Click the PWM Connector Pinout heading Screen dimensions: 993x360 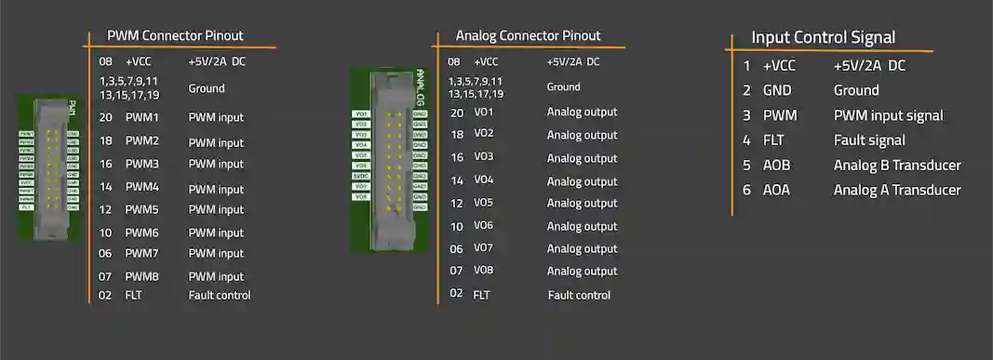[175, 35]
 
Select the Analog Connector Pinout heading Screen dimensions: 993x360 [528, 35]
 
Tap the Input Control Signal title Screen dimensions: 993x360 [823, 37]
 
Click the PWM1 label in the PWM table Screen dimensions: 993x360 [142, 117]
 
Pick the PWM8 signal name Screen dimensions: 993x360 [142, 276]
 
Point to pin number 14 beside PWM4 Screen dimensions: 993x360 [105, 187]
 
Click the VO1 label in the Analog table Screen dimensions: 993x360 [484, 112]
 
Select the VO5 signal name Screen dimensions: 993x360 [484, 203]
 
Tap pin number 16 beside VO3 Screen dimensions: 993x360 [457, 157]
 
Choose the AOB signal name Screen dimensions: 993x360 [777, 166]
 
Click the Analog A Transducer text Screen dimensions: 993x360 [897, 190]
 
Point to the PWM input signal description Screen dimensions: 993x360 [888, 116]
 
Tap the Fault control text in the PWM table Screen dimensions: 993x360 [220, 295]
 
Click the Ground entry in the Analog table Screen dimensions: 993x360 [563, 87]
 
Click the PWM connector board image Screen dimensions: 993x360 [49, 167]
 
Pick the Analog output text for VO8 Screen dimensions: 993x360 [582, 272]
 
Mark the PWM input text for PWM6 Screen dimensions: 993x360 [216, 233]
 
